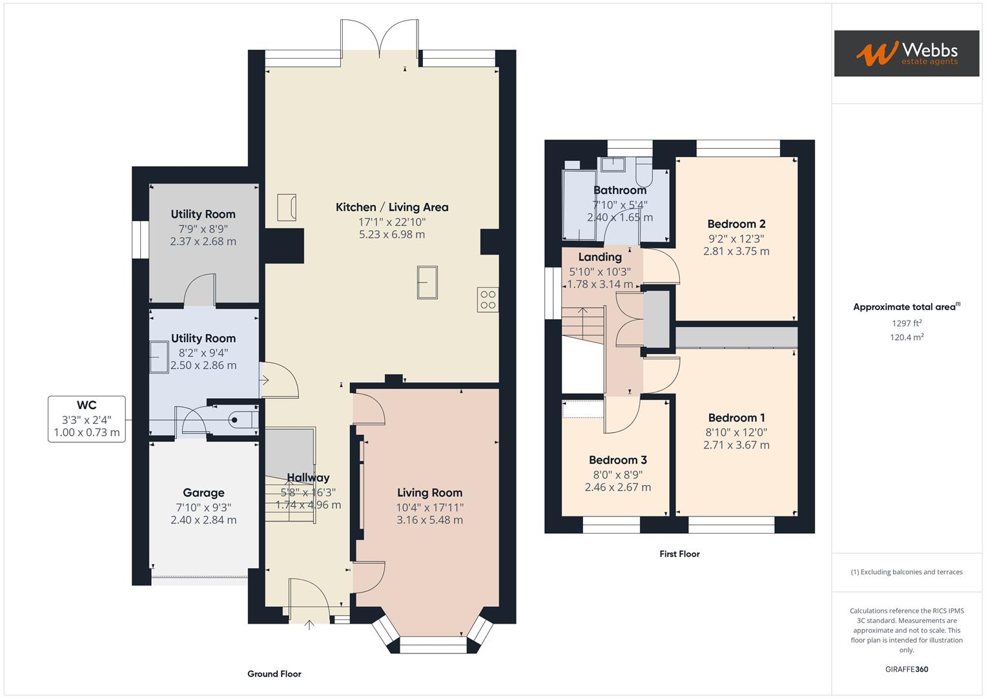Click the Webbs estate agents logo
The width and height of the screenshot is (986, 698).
906,53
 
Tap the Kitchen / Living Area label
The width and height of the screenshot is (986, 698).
391,207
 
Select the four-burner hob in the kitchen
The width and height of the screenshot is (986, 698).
488,299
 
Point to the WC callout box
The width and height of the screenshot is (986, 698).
87,419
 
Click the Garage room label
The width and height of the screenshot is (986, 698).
203,492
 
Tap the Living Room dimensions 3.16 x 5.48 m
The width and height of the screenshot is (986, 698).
429,520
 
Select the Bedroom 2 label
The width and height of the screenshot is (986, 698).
736,224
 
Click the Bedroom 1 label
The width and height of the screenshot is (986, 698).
736,418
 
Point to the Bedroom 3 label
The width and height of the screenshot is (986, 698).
617,460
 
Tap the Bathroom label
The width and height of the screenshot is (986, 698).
619,190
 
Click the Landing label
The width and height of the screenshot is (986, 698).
599,257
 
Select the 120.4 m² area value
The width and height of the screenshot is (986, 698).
906,337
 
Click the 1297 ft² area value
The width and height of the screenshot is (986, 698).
906,323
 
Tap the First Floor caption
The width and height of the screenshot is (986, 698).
679,554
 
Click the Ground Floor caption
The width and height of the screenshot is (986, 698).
274,674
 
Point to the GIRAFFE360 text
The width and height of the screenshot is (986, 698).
906,669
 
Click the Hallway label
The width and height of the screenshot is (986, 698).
308,478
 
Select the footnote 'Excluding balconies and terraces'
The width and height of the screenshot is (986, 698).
906,572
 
